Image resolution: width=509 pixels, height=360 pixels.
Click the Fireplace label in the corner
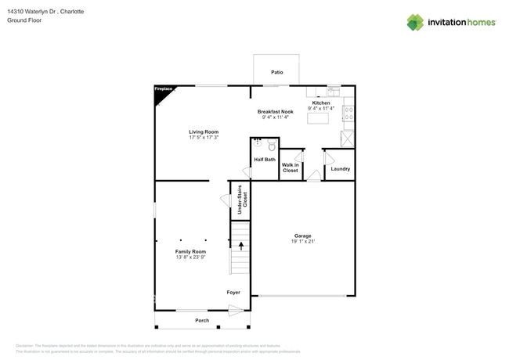[x=162, y=89]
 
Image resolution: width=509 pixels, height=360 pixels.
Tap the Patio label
[x=276, y=72]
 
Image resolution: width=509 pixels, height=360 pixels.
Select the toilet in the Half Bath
[x=272, y=146]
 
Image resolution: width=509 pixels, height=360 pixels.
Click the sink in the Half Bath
[x=258, y=144]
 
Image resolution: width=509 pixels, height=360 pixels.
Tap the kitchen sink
[x=332, y=89]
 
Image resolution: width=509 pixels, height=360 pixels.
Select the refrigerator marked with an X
[x=347, y=139]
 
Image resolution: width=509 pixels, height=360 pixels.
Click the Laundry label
[x=340, y=169]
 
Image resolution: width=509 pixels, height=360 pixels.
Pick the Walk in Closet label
[x=291, y=167]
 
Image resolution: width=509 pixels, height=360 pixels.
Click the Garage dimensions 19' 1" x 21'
[x=302, y=242]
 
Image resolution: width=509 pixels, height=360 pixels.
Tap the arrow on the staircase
[x=240, y=246]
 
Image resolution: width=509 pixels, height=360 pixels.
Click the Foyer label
[x=233, y=293]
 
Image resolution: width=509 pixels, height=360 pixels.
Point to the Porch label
[x=202, y=321]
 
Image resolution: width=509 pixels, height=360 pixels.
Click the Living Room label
[x=204, y=131]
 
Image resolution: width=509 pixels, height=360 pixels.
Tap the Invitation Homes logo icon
[x=414, y=22]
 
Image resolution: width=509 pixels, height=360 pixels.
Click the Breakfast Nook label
[x=275, y=112]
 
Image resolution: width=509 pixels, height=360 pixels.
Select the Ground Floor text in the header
[x=23, y=20]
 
